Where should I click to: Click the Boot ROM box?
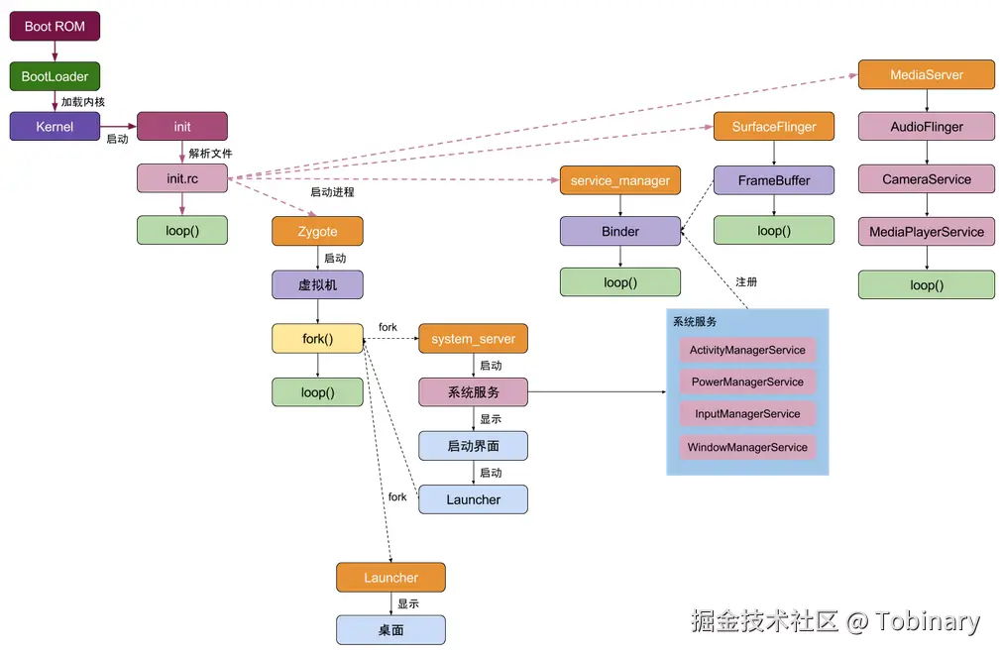click(55, 26)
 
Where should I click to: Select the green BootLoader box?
click(55, 76)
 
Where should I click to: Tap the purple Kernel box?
click(55, 127)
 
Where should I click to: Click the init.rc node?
click(182, 179)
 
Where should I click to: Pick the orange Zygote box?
click(317, 232)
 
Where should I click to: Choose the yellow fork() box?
click(317, 339)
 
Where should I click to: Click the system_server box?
click(473, 339)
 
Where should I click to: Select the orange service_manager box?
click(620, 180)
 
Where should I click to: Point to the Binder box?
click(620, 232)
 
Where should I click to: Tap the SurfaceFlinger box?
click(774, 127)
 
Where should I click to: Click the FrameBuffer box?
click(774, 180)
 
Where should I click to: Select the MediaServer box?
click(927, 75)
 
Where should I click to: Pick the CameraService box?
click(927, 179)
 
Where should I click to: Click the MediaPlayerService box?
click(927, 232)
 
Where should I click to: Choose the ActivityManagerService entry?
click(747, 350)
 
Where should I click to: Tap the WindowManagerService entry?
click(747, 447)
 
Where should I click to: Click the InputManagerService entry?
click(747, 414)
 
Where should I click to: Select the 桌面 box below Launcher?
click(390, 629)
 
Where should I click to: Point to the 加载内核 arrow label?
click(83, 102)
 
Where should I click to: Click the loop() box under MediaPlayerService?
click(927, 284)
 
